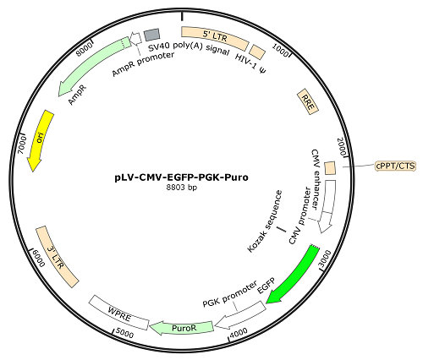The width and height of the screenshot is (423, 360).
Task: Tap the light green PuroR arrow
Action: pos(183,328)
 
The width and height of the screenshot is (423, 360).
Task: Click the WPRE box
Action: pos(118,313)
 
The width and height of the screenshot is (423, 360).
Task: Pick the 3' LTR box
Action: pos(57,257)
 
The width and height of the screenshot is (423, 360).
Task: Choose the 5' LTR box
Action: pos(215,37)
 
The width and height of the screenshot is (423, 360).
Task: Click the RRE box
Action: pos(308,101)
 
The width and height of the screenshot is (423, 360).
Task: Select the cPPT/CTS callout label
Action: pos(396,166)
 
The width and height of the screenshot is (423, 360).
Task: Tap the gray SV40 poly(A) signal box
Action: pos(151,35)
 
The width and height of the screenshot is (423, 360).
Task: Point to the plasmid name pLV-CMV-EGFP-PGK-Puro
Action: pos(182,177)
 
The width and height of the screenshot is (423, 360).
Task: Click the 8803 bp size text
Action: pos(182,188)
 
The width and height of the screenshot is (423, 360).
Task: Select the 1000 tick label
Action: pos(281,51)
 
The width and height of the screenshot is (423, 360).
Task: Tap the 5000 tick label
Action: pos(124,334)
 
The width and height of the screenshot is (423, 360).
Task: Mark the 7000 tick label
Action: pos(22,145)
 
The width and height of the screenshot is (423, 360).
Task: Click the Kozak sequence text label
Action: pos(265,221)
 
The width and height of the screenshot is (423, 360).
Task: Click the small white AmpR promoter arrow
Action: pos(135,38)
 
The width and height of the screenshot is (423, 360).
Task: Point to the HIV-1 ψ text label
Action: pos(250,65)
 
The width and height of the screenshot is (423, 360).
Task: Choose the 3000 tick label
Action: pos(324,259)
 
